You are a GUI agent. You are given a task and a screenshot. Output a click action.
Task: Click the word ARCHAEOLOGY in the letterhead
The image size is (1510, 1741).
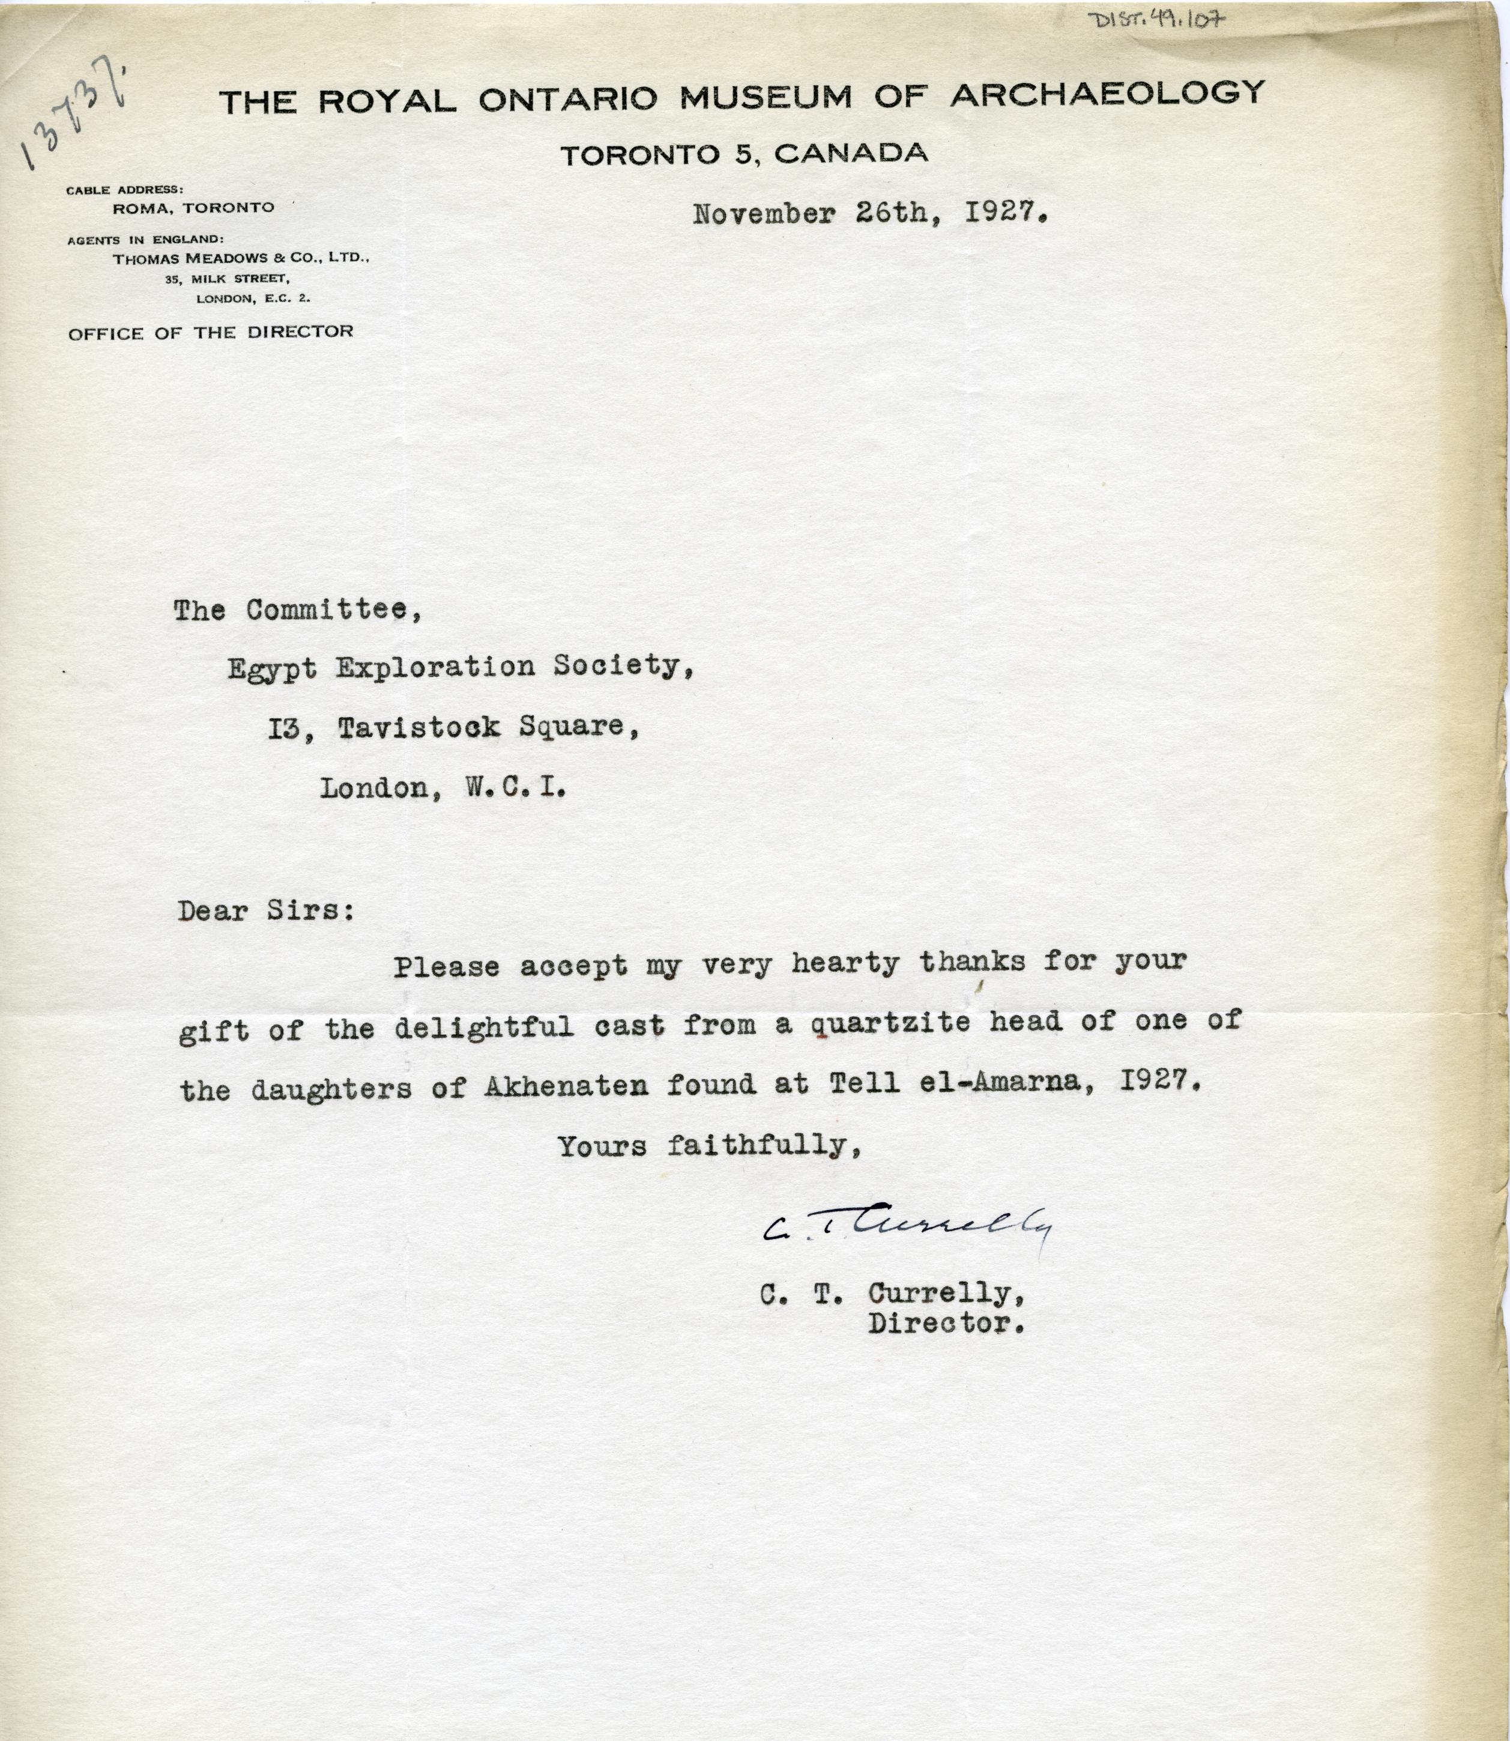pyautogui.click(x=1107, y=94)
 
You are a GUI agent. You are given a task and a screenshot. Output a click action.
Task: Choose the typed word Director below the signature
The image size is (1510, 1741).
pyautogui.click(x=946, y=1324)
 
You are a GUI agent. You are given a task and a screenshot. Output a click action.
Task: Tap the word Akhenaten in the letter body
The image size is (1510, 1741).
pyautogui.click(x=566, y=1085)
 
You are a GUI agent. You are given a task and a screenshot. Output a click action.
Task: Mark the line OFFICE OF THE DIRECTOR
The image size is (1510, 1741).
pyautogui.click(x=211, y=332)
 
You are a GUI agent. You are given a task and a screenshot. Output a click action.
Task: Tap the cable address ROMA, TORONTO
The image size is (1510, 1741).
pyautogui.click(x=193, y=207)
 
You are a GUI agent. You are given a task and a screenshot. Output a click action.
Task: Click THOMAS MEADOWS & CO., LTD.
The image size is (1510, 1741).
pyautogui.click(x=241, y=259)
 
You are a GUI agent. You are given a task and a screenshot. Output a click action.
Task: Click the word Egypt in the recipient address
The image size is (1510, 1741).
pyautogui.click(x=272, y=668)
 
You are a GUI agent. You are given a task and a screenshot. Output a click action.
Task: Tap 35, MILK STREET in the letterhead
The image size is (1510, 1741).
pyautogui.click(x=228, y=279)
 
